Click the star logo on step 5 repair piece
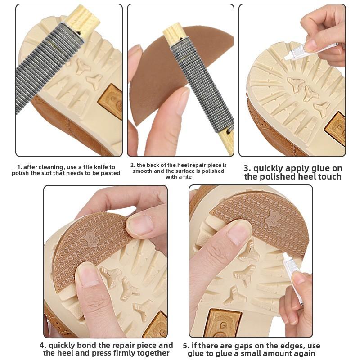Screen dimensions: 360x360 click(x=274, y=219)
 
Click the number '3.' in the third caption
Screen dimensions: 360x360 click(x=247, y=168)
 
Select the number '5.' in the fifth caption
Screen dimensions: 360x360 click(x=186, y=346)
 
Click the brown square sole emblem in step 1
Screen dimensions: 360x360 click(x=111, y=101)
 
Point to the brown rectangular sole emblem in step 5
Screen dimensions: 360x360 click(x=223, y=323)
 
